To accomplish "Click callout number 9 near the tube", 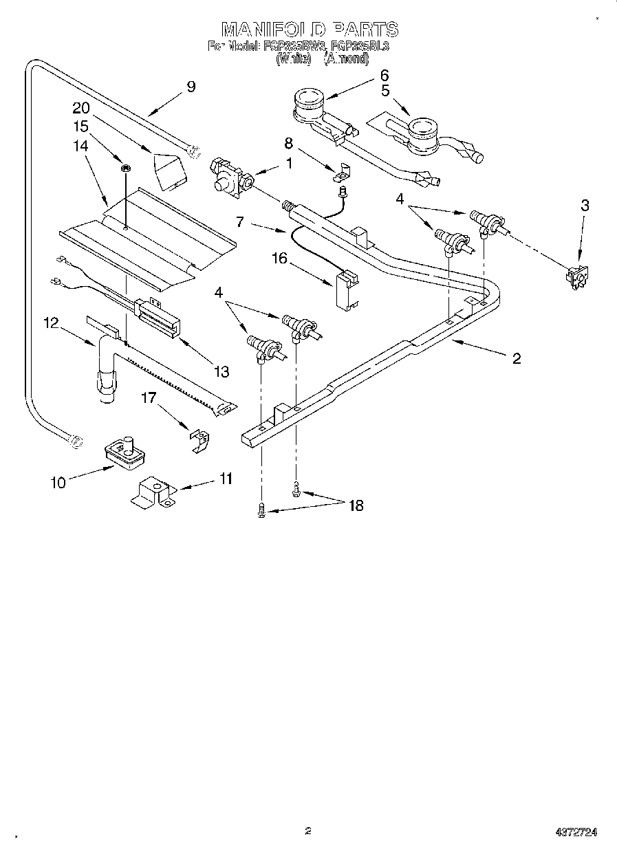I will (191, 87).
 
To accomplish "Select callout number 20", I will (81, 108).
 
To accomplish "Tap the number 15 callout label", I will (81, 127).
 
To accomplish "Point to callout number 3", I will (585, 205).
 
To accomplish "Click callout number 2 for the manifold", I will (516, 358).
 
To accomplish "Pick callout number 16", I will (279, 258).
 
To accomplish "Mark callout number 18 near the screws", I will (356, 505).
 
